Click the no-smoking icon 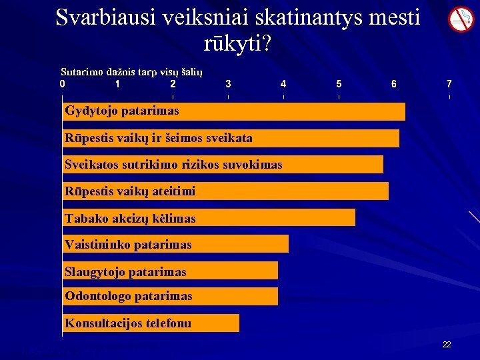click(460, 19)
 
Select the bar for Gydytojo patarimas click(233, 111)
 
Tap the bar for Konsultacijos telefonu click(151, 323)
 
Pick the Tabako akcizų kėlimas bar click(209, 218)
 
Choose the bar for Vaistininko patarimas click(175, 244)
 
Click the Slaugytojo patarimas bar click(170, 271)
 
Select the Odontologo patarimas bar click(170, 296)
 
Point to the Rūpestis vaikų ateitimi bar click(225, 191)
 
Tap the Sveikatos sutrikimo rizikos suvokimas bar click(223, 165)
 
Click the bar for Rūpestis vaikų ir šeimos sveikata click(231, 138)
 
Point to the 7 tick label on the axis click(449, 85)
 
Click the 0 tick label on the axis click(62, 85)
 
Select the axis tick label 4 click(283, 85)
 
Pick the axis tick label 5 click(339, 85)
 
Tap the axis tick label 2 click(173, 85)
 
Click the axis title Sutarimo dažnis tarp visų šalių click(131, 72)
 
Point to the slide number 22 click(447, 344)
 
